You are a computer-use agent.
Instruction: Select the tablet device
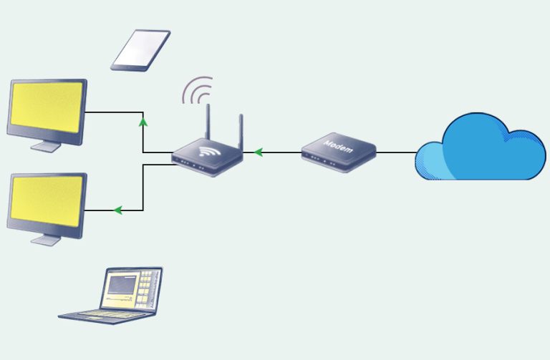140,49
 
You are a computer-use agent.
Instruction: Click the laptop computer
115,294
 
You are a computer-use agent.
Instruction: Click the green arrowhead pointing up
143,122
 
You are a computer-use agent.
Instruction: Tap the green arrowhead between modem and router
258,152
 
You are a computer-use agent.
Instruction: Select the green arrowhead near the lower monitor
118,210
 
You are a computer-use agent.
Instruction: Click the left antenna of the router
208,123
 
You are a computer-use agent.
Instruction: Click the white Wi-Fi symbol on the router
208,151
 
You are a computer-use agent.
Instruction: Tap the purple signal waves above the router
198,91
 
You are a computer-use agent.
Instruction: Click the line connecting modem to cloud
396,152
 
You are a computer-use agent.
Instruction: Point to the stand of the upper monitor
46,145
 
